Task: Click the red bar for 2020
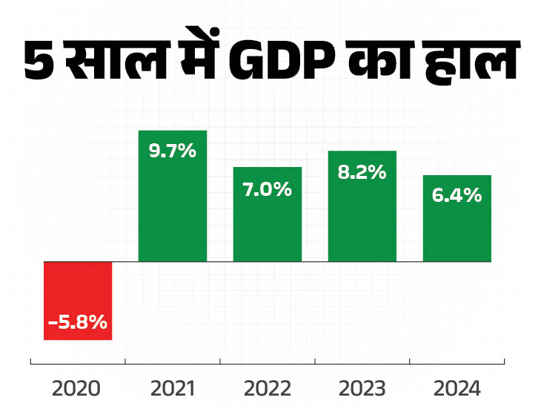coord(78,301)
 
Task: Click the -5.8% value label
coord(78,323)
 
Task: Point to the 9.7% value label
coord(173,151)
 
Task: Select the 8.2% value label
coord(362,172)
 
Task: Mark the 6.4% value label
coord(457,196)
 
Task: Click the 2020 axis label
coord(78,388)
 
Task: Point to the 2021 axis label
coord(173,388)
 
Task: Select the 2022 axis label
coord(268,388)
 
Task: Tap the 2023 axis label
coord(362,388)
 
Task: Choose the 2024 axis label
coord(457,388)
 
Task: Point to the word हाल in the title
coord(468,63)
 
